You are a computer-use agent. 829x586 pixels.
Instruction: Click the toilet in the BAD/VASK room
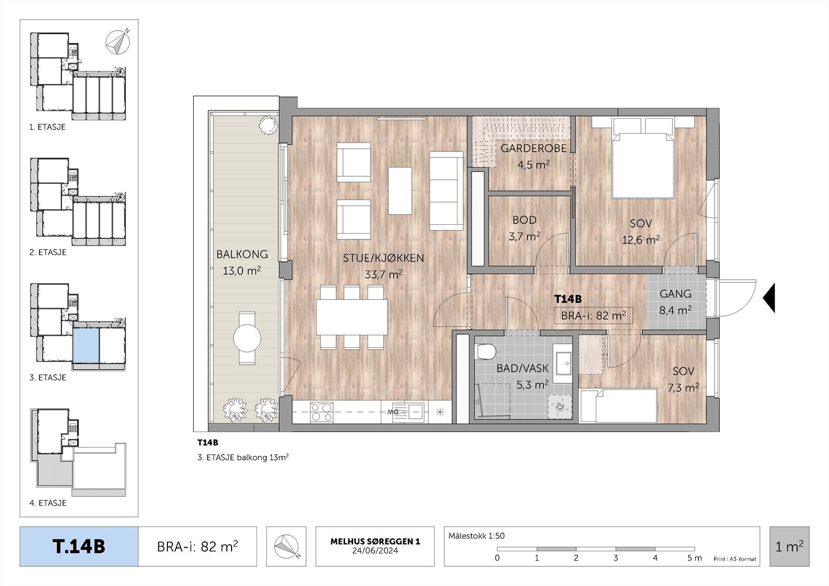[487, 351]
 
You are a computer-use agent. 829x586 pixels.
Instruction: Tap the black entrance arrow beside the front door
[769, 297]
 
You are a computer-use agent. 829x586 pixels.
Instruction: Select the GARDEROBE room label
[533, 149]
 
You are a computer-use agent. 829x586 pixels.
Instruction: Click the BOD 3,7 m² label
[524, 228]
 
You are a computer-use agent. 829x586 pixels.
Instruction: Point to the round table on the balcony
[247, 338]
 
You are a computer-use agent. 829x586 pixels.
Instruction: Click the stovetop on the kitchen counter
[321, 412]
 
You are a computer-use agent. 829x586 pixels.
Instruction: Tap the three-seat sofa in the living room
[446, 191]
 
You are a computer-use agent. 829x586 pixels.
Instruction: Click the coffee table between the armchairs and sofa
[400, 191]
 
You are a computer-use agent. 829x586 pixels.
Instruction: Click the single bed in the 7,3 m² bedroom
[618, 406]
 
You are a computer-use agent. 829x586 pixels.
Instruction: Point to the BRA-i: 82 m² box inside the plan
[593, 316]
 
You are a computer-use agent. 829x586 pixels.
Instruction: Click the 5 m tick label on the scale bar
[694, 558]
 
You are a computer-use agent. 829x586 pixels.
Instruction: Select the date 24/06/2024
[375, 551]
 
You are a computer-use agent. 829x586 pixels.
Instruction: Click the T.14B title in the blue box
[79, 547]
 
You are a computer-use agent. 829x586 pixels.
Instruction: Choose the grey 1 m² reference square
[790, 547]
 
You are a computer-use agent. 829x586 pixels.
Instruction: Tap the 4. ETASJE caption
[48, 503]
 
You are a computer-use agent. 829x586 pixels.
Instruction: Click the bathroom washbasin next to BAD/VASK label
[563, 363]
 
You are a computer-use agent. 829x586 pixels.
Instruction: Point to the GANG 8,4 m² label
[676, 302]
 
